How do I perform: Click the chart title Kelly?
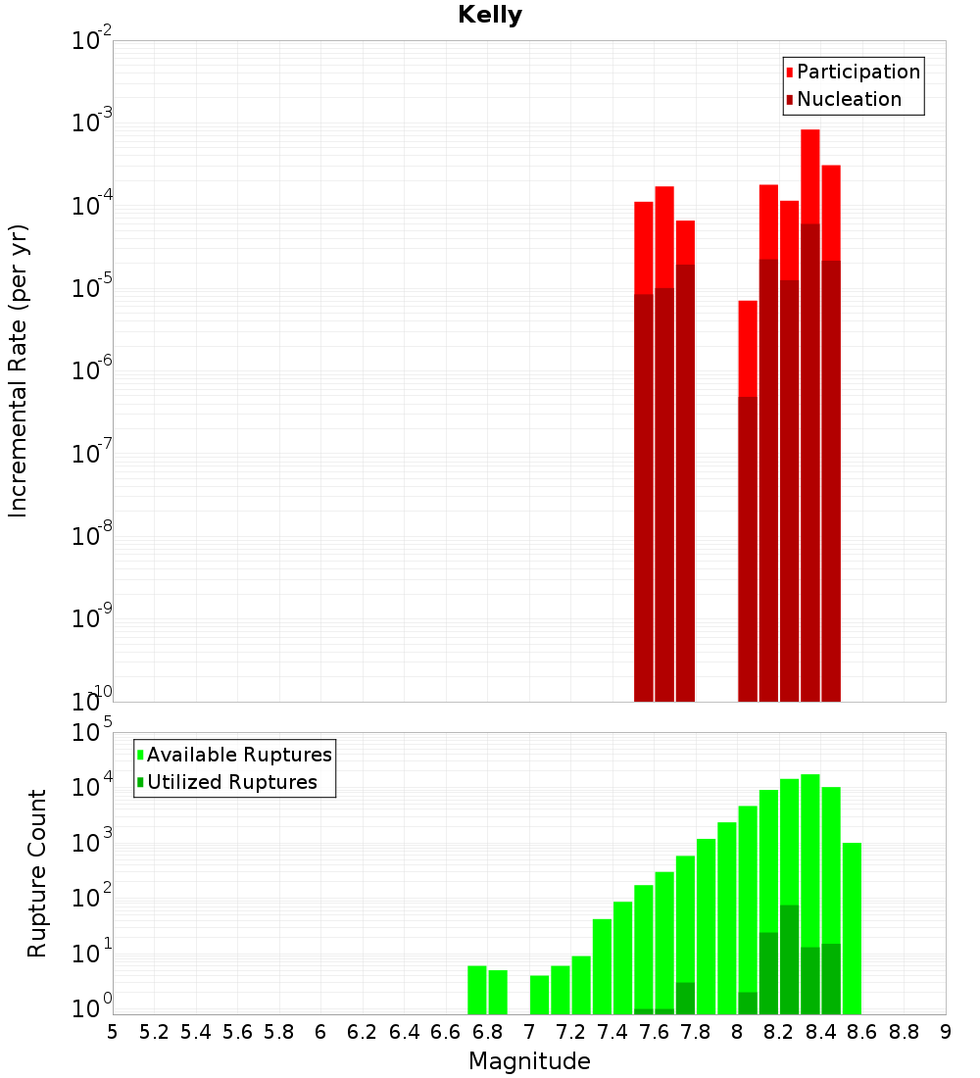pos(490,16)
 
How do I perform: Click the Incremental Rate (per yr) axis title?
pos(18,370)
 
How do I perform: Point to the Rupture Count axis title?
pos(37,872)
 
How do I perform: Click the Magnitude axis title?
pos(529,1061)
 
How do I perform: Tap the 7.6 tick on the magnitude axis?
pos(654,1032)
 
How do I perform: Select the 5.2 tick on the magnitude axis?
pos(155,1032)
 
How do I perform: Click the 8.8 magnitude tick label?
pos(904,1032)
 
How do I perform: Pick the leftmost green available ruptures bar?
pos(477,990)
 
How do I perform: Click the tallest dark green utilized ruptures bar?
pos(789,960)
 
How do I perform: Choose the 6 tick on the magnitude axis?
pos(320,1032)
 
